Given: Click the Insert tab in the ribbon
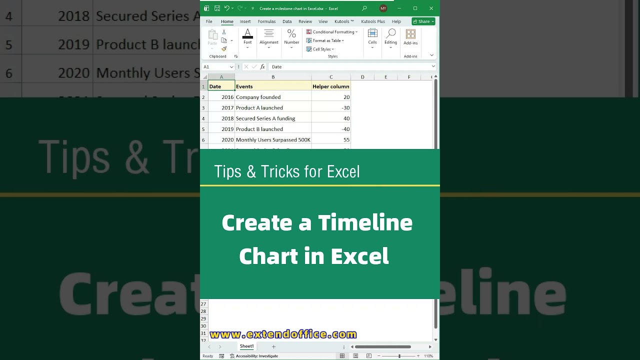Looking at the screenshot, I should tap(245, 21).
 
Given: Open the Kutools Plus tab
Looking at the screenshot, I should tap(373, 21).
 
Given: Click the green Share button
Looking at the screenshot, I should tap(423, 21).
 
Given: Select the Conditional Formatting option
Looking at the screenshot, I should tap(332, 32).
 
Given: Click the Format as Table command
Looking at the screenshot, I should tap(326, 40).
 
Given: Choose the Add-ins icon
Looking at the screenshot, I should tap(410, 36).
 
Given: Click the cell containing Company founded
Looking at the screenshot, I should tap(258, 97).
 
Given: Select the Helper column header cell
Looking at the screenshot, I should tap(330, 86).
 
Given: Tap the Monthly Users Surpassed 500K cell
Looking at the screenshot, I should tap(273, 140).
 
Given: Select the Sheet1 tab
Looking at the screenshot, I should tap(246, 346).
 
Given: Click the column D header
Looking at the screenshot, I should tap(362, 77).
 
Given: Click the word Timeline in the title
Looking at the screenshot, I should tap(365, 222).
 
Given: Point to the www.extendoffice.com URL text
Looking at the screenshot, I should tap(283, 334).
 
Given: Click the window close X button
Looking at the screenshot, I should tap(431, 8).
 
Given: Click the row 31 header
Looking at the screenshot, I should tap(203, 333).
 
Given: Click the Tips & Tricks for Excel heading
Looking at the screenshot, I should tap(287, 171).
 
